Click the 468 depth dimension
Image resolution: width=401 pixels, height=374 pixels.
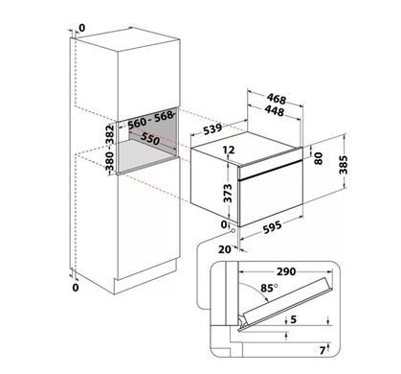pyautogui.click(x=277, y=99)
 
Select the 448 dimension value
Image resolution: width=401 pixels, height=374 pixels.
pyautogui.click(x=275, y=110)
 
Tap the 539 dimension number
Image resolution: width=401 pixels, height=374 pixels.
pyautogui.click(x=212, y=129)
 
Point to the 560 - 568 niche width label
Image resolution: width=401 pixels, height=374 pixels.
pyautogui.click(x=151, y=120)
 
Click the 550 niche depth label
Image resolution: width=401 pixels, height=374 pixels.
pyautogui.click(x=150, y=138)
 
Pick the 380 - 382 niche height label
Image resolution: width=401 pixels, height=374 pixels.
pyautogui.click(x=109, y=148)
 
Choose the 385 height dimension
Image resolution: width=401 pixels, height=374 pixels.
pyautogui.click(x=343, y=165)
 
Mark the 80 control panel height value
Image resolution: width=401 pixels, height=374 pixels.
pyautogui.click(x=318, y=158)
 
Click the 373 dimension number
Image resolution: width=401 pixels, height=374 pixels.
pyautogui.click(x=228, y=193)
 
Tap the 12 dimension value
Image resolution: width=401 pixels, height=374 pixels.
pyautogui.click(x=229, y=150)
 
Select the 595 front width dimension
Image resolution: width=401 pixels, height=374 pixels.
pyautogui.click(x=273, y=226)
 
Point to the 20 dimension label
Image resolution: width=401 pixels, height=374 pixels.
pyautogui.click(x=225, y=249)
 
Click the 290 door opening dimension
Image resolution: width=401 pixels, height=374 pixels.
pyautogui.click(x=286, y=271)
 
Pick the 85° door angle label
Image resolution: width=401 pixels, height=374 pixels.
pyautogui.click(x=269, y=288)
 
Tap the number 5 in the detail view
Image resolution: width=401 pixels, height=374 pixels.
pyautogui.click(x=294, y=319)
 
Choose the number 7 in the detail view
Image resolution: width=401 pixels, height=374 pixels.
pyautogui.click(x=323, y=351)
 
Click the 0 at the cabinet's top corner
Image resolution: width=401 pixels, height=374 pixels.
pyautogui.click(x=82, y=28)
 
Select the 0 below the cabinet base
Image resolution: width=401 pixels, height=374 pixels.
pyautogui.click(x=76, y=288)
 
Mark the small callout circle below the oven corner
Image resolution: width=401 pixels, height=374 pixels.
pyautogui.click(x=234, y=230)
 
